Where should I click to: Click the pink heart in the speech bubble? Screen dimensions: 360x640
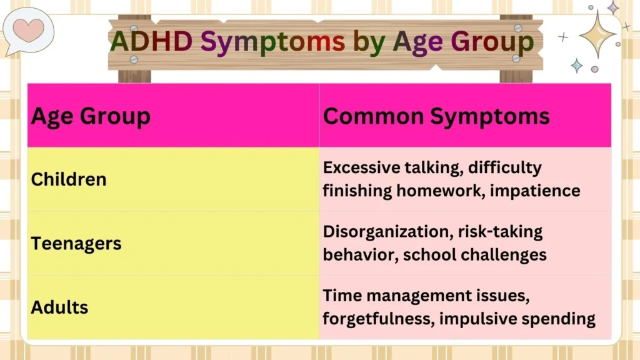pyautogui.click(x=28, y=29)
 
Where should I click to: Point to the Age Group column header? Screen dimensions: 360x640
pyautogui.click(x=91, y=116)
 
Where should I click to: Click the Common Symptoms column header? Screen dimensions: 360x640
pyautogui.click(x=436, y=116)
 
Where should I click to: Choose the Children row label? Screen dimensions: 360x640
pyautogui.click(x=69, y=179)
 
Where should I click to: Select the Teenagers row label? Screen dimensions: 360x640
pyautogui.click(x=76, y=243)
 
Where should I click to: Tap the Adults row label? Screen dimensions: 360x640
pyautogui.click(x=59, y=307)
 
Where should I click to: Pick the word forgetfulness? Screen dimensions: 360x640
pyautogui.click(x=377, y=318)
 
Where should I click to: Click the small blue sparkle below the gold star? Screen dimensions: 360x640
pyautogui.click(x=577, y=66)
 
